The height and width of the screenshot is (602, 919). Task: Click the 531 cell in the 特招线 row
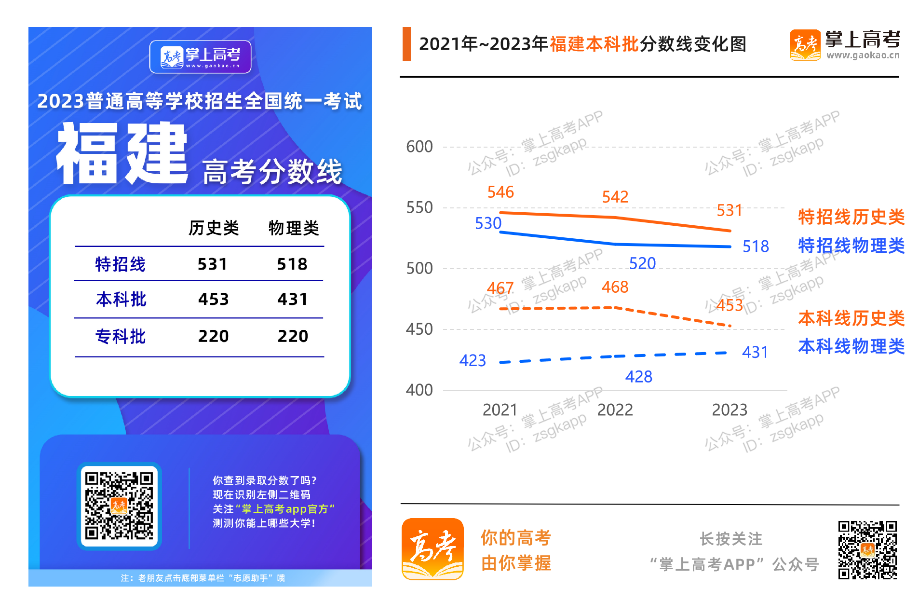(x=212, y=264)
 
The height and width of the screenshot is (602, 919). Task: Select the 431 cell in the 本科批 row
(x=292, y=299)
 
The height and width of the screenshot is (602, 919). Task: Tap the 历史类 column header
(x=214, y=228)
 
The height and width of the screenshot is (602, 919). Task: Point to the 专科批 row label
(x=121, y=336)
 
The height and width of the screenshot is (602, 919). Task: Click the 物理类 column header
(x=294, y=228)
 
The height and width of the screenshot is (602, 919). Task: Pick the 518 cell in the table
(x=292, y=264)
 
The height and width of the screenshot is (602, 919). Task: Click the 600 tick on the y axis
(x=419, y=147)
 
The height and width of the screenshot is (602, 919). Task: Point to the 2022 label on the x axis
(x=615, y=410)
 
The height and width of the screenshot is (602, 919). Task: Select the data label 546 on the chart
(x=500, y=192)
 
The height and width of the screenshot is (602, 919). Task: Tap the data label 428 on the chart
(x=638, y=377)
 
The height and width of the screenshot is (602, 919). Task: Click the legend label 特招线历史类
(x=851, y=217)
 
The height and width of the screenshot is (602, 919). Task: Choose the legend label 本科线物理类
(x=851, y=346)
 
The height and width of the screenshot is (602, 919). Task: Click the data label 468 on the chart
(x=615, y=287)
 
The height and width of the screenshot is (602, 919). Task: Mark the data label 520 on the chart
(x=642, y=263)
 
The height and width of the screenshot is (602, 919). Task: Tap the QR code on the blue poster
(x=119, y=506)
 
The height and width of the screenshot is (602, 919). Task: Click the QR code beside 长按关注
(x=867, y=549)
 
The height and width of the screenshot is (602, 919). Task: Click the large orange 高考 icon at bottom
(x=432, y=549)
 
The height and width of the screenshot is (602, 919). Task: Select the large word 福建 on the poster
(x=122, y=153)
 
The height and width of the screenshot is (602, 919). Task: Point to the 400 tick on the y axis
(x=419, y=390)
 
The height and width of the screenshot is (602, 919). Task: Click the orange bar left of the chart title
(x=406, y=44)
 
